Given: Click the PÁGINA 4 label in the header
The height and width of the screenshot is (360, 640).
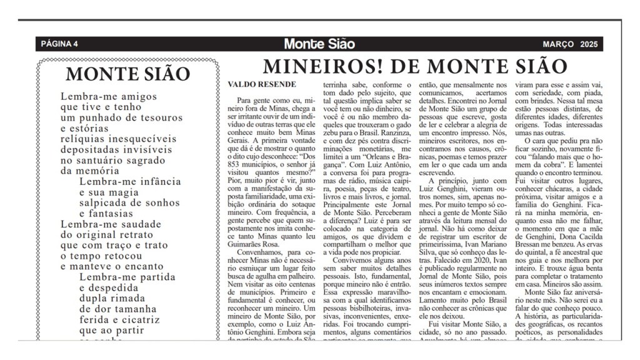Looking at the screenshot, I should click(x=59, y=44).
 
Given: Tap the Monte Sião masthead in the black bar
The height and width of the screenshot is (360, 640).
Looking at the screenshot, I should click(x=319, y=44).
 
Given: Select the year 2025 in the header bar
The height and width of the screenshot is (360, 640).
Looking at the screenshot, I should click(x=589, y=44).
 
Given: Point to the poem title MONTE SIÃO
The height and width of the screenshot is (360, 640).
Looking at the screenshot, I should click(x=127, y=74).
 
